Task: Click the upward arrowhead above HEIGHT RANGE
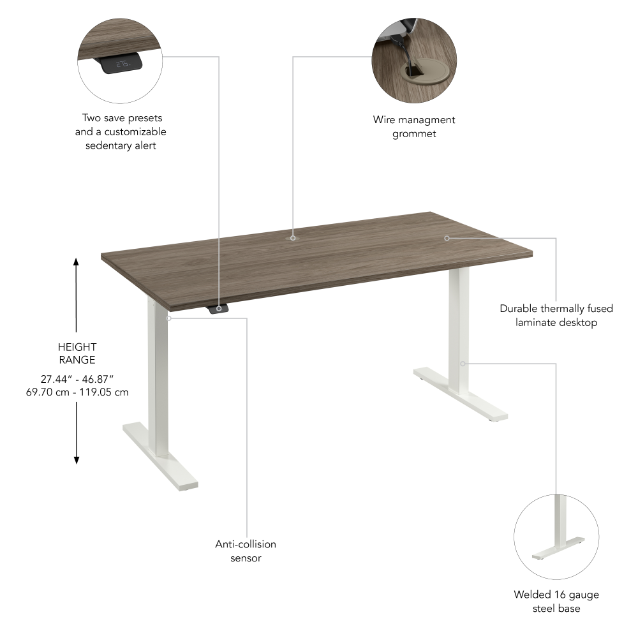(x=76, y=262)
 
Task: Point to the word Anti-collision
(x=246, y=544)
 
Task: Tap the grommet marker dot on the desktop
(x=293, y=237)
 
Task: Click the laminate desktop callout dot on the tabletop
(x=447, y=237)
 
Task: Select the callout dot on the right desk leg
(x=463, y=364)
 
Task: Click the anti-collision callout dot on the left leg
(x=168, y=317)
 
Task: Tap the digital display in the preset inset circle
(x=122, y=64)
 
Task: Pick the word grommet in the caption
(x=414, y=133)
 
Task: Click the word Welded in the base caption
(x=531, y=595)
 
